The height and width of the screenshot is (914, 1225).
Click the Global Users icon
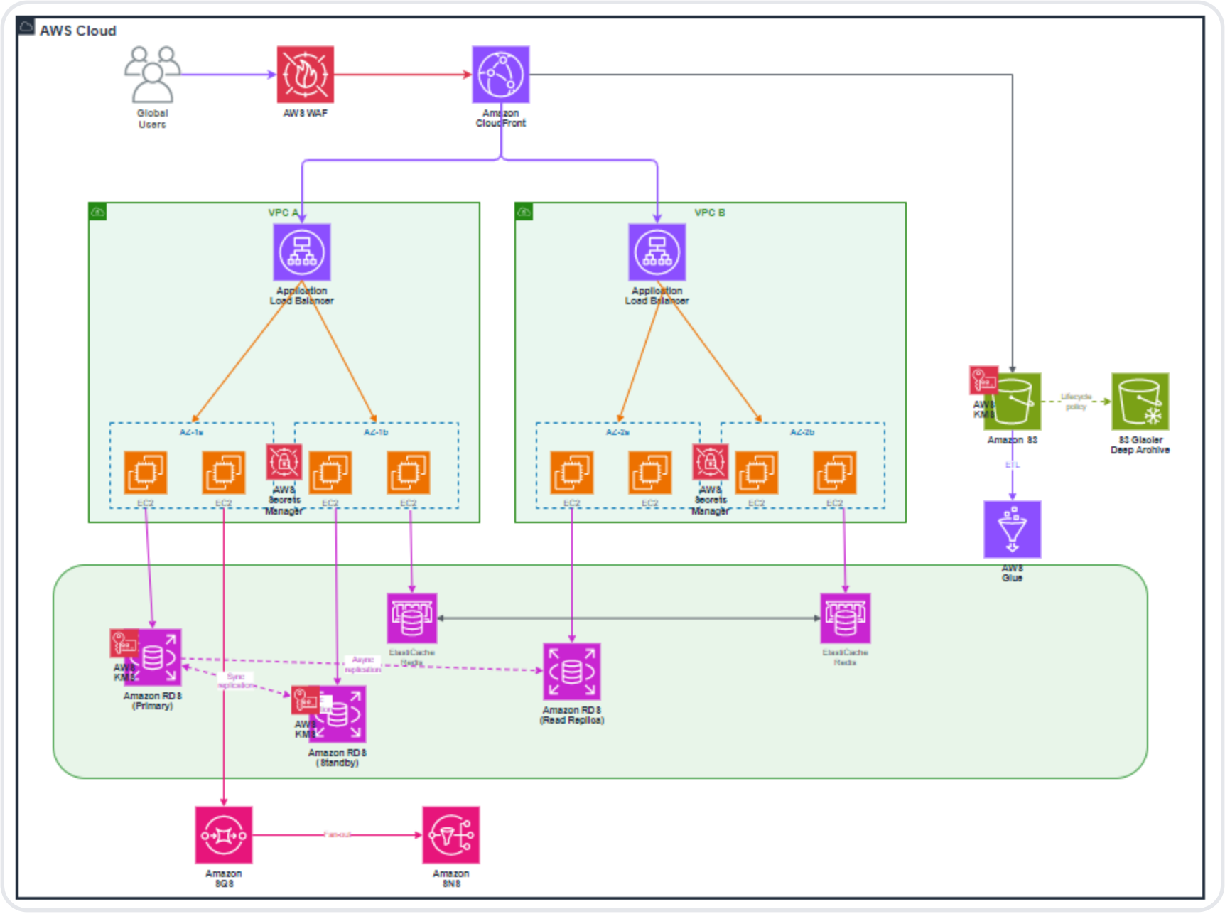point(152,75)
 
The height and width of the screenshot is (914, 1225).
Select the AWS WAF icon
point(306,75)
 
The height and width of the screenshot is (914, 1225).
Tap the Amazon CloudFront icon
point(501,75)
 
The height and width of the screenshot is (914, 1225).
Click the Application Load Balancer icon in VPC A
point(302,252)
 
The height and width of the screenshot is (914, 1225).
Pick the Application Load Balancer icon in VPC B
point(657,252)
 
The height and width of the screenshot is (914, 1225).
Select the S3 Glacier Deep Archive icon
point(1140,402)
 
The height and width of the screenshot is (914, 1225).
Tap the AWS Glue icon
point(1013,529)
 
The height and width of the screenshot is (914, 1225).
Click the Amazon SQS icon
point(224,835)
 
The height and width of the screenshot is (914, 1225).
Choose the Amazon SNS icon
point(451,835)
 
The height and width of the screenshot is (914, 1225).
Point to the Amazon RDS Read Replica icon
point(572,672)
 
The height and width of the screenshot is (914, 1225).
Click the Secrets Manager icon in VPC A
point(284,462)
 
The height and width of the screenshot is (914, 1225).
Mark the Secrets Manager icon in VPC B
point(711,462)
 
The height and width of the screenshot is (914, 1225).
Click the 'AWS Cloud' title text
point(78,31)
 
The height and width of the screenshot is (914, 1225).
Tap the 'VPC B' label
point(710,213)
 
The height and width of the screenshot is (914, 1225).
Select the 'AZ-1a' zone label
point(191,432)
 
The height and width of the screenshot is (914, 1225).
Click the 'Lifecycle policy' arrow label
point(1076,402)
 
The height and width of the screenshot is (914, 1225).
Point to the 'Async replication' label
point(363,665)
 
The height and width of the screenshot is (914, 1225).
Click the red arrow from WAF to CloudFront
point(402,75)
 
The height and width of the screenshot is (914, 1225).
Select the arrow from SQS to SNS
point(338,835)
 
